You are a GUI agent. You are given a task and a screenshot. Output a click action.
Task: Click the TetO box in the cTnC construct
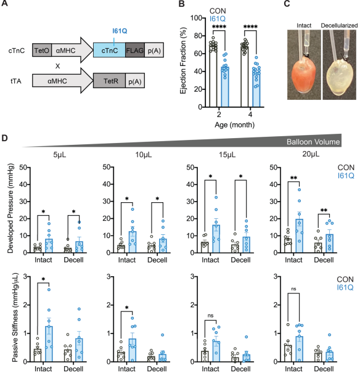[x=42, y=50]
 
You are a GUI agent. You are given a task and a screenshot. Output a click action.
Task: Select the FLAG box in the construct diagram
[x=135, y=50]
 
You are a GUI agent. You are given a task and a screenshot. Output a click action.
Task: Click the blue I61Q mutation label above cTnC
[x=120, y=31]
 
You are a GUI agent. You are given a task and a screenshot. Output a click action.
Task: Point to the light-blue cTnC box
[x=109, y=50]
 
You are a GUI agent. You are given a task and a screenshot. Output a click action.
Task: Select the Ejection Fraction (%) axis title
[x=183, y=60]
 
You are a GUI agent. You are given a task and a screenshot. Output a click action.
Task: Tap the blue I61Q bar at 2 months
[x=225, y=87]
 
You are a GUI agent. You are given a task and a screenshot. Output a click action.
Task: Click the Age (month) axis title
[x=234, y=125]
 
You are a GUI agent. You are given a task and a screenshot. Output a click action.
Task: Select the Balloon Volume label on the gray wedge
[x=313, y=142]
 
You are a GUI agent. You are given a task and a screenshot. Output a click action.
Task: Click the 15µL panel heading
[x=227, y=155]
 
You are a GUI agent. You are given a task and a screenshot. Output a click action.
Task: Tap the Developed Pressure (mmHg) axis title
[x=10, y=208]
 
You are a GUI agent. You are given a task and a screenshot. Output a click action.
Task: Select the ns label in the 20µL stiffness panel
[x=293, y=289]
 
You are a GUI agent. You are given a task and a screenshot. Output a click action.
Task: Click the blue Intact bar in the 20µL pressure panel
[x=300, y=236]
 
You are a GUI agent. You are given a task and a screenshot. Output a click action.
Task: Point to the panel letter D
[x=4, y=138]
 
